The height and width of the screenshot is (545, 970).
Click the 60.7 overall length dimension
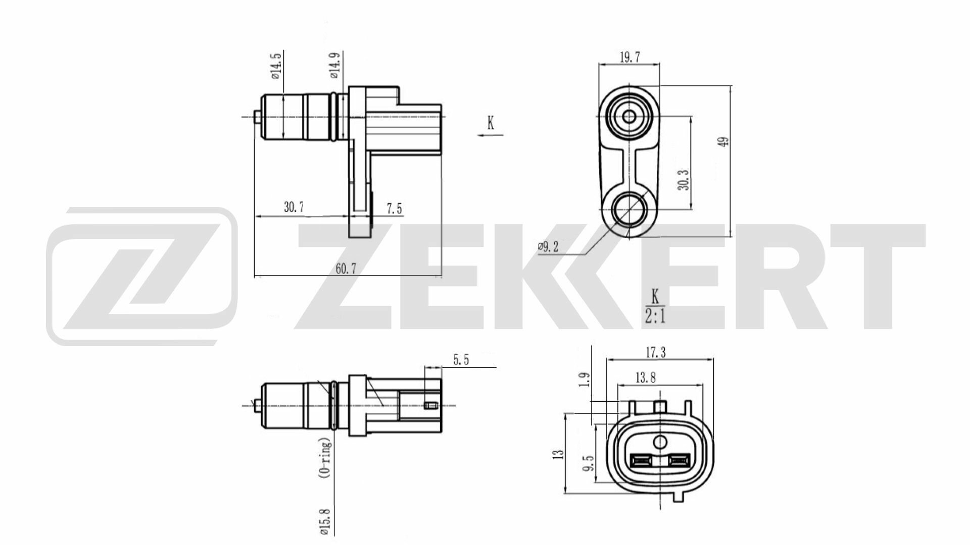pyautogui.click(x=346, y=268)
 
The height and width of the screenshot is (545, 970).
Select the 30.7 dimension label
pyautogui.click(x=294, y=207)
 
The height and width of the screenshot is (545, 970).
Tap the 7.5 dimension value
pyautogui.click(x=394, y=208)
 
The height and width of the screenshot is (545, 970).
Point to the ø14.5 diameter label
pyautogui.click(x=275, y=67)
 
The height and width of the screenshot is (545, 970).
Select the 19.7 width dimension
pyautogui.click(x=629, y=57)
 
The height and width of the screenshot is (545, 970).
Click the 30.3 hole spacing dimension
pyautogui.click(x=683, y=179)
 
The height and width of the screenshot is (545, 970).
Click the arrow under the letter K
pyautogui.click(x=490, y=135)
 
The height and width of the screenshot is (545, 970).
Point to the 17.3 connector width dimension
pyautogui.click(x=655, y=353)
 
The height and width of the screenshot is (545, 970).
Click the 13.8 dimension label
pyautogui.click(x=645, y=377)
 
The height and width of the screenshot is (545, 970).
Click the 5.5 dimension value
pyautogui.click(x=461, y=360)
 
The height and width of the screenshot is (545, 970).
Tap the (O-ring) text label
pyautogui.click(x=326, y=457)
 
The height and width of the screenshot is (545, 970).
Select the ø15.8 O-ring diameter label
pyautogui.click(x=325, y=520)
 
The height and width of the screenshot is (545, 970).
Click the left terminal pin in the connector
pyautogui.click(x=641, y=460)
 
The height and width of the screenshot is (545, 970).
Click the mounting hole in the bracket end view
pyautogui.click(x=629, y=208)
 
